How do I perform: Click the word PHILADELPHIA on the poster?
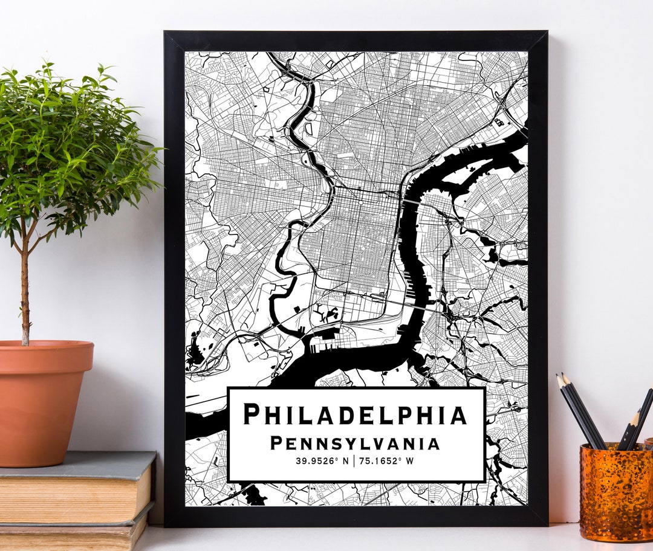(356, 414)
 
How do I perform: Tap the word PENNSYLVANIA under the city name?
(356, 443)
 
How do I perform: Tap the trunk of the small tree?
(25, 290)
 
